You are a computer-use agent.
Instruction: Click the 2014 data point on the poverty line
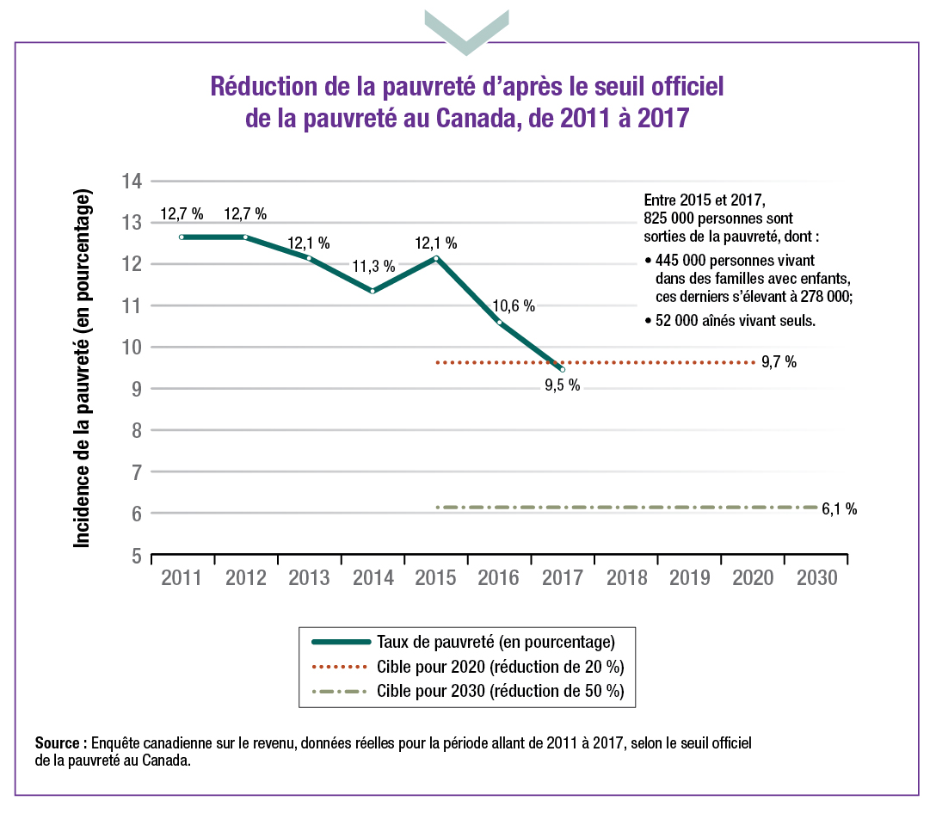(373, 291)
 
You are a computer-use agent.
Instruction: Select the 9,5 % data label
(563, 386)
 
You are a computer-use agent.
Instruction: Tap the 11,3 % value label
(374, 267)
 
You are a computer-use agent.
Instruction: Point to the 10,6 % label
(514, 305)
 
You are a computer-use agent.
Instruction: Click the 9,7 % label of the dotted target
(779, 362)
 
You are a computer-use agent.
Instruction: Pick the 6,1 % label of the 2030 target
(839, 508)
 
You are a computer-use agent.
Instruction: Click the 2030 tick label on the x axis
(816, 578)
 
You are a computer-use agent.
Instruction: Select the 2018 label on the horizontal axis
(626, 578)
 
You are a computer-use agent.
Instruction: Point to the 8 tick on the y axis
(135, 431)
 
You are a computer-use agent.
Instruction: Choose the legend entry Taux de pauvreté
(495, 642)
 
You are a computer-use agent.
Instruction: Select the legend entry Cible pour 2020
(500, 667)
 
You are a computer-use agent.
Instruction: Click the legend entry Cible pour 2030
(500, 691)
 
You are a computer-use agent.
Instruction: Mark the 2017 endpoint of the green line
(563, 369)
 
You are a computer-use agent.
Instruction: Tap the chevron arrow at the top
(466, 31)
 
